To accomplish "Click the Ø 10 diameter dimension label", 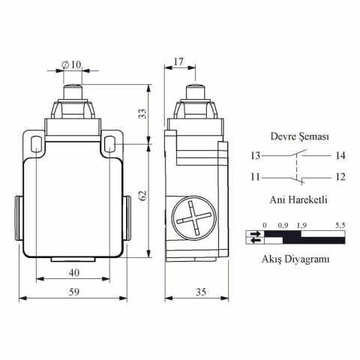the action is [x=72, y=65].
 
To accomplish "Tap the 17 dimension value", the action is [x=178, y=61].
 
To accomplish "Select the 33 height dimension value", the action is [x=142, y=114].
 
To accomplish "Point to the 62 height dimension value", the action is [x=142, y=196].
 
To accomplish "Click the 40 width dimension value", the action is [x=74, y=272].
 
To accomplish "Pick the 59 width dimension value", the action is [x=74, y=292].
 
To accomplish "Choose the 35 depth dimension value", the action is [x=201, y=292].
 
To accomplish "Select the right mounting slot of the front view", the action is [x=109, y=144].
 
